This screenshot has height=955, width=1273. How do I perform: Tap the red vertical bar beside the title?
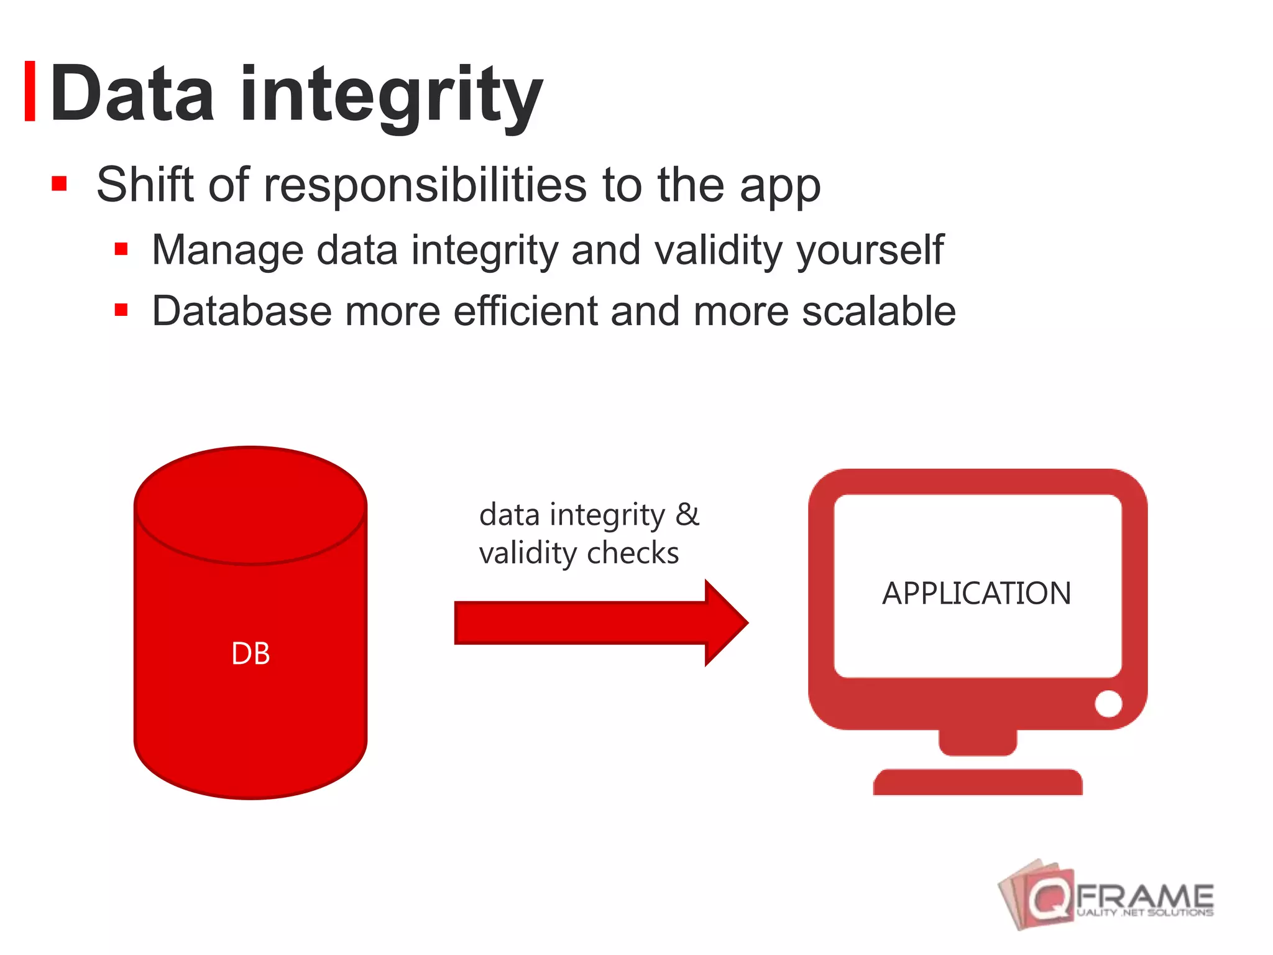(x=29, y=91)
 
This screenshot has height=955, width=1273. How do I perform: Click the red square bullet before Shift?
(x=59, y=183)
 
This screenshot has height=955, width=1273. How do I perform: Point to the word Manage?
(x=227, y=250)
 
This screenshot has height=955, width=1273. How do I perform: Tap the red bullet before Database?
(x=121, y=310)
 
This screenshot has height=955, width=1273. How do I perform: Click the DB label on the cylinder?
(x=250, y=654)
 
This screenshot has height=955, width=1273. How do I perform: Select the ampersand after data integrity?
(x=687, y=515)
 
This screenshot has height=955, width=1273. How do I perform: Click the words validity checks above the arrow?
(x=579, y=553)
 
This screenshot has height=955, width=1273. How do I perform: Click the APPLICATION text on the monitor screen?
(x=977, y=593)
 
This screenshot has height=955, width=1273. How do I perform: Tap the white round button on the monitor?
(x=1108, y=704)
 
